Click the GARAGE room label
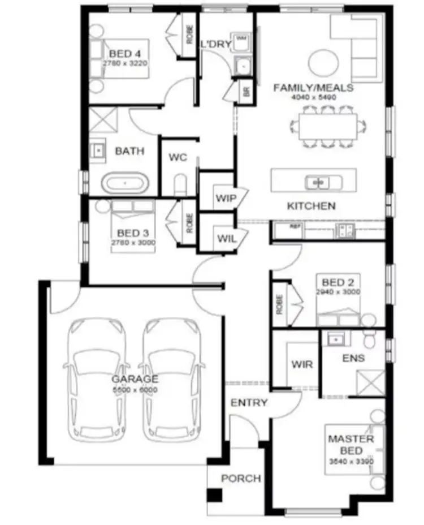(135, 379)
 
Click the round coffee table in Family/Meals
(324, 62)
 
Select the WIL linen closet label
(223, 238)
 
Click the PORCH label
(241, 479)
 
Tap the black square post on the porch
(214, 496)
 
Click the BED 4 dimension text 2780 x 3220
(125, 63)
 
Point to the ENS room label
(353, 358)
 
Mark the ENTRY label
(249, 403)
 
